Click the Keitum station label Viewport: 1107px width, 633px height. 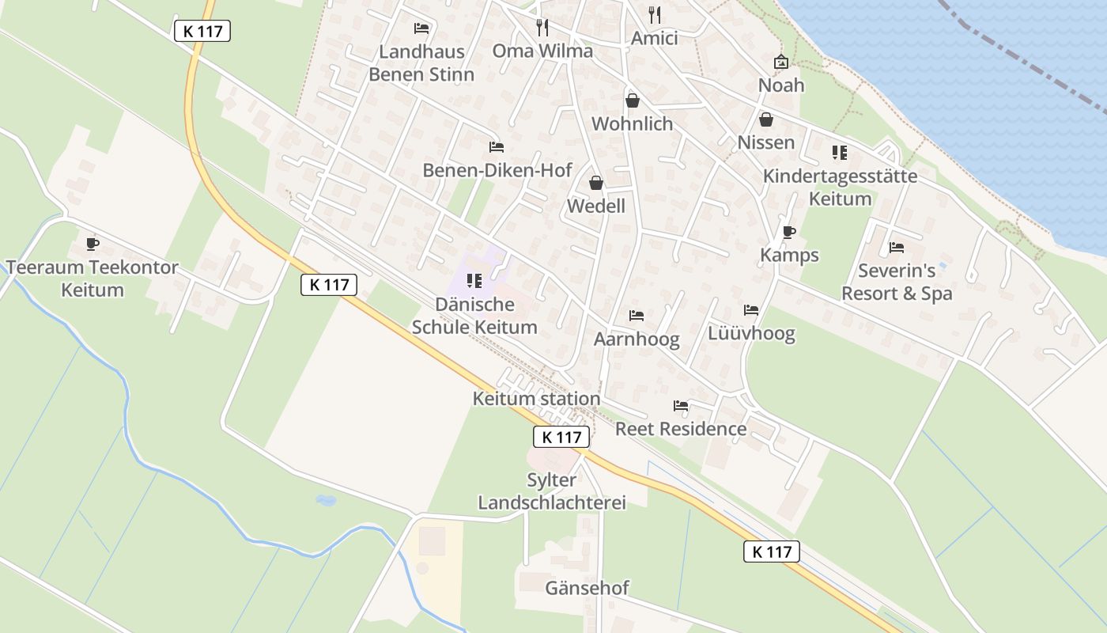(536, 399)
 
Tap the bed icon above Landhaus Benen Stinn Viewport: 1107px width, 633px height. (421, 28)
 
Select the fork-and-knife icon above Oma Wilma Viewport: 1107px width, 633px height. (542, 28)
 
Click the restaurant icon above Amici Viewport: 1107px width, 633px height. (654, 14)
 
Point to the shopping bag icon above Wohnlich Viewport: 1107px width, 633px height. (632, 100)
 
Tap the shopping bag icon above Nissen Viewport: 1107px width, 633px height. (765, 119)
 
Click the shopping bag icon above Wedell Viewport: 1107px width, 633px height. (596, 184)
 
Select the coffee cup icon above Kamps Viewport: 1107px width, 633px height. (788, 232)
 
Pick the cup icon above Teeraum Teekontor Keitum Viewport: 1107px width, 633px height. (92, 244)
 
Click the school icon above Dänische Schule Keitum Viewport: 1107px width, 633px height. (474, 280)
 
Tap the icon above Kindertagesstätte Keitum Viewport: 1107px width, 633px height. (839, 153)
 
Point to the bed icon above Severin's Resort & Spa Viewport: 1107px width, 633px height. (896, 248)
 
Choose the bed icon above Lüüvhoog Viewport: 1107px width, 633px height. (751, 310)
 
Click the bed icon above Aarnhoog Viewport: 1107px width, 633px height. (637, 316)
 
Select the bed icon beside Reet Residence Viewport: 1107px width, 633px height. (680, 406)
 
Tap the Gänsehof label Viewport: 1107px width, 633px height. (587, 588)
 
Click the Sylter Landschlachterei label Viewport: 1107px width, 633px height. (552, 491)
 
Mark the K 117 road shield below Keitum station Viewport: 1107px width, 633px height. (561, 437)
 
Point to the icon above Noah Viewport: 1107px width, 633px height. (781, 62)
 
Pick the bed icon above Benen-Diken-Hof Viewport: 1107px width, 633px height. (496, 147)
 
